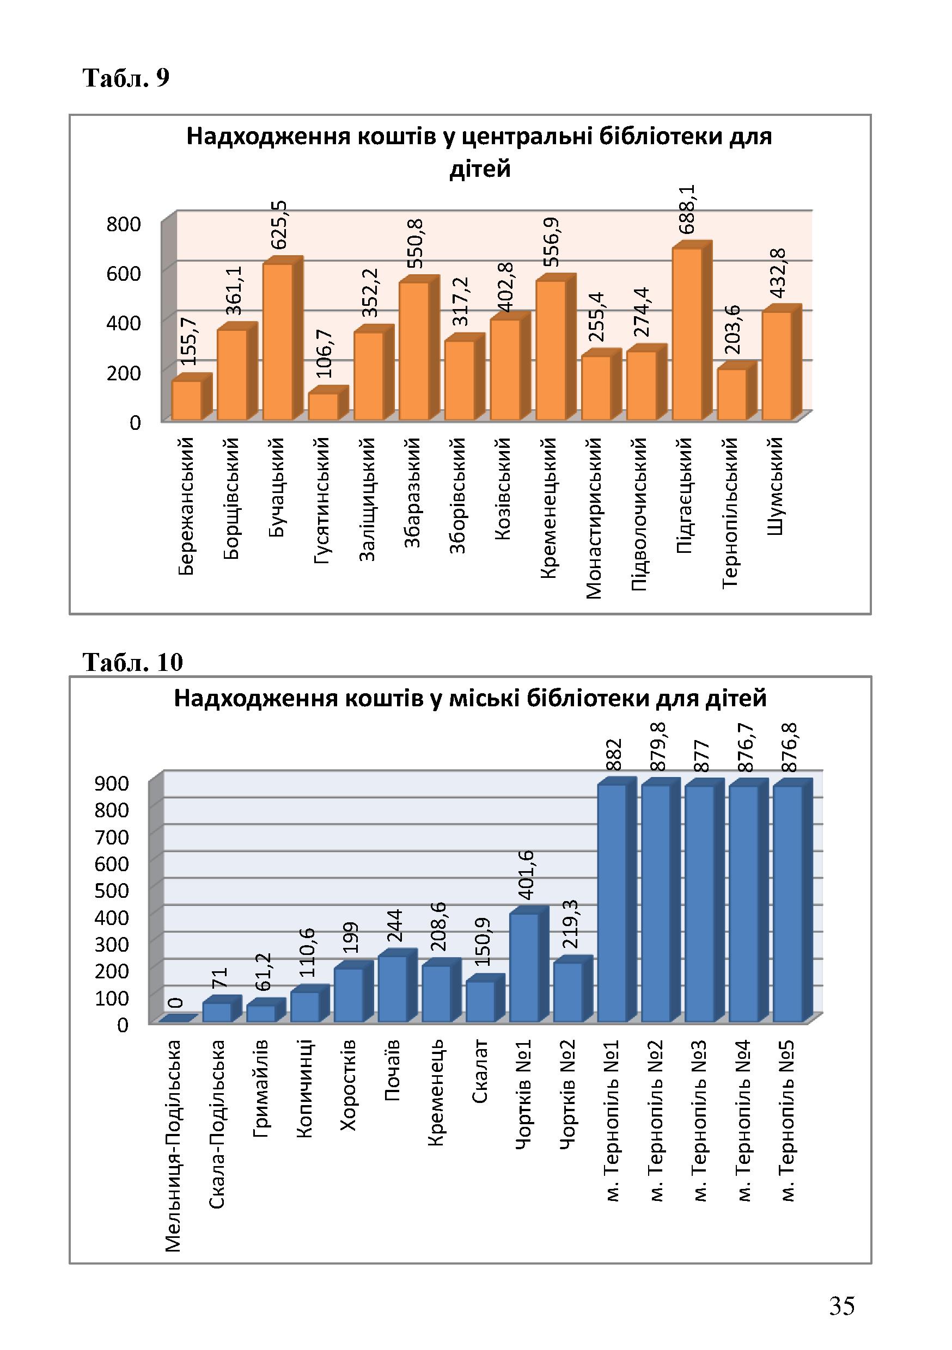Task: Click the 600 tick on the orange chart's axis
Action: [x=124, y=273]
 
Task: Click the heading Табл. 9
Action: [x=126, y=77]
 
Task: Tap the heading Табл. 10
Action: [x=133, y=662]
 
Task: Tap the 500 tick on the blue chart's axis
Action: [x=112, y=891]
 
